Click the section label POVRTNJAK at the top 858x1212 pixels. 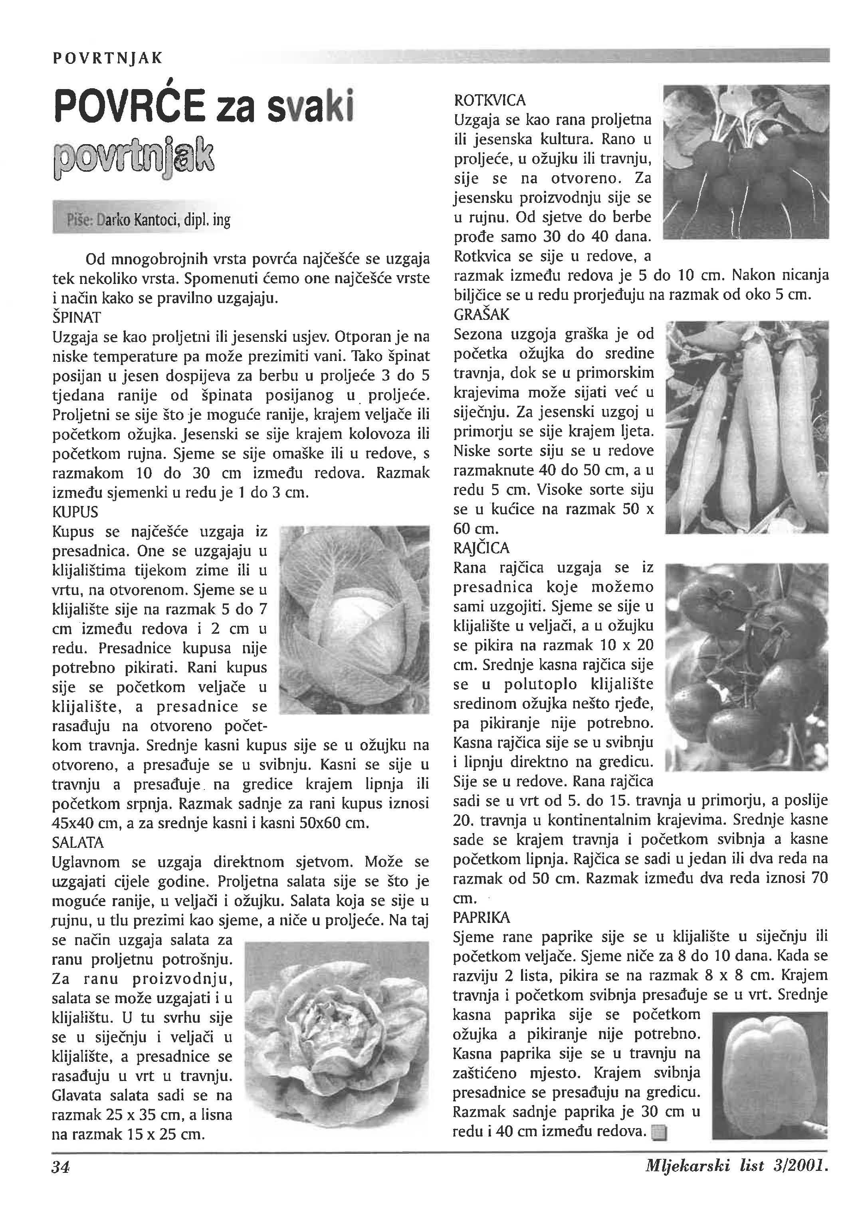(108, 58)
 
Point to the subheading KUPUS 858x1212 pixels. (75, 512)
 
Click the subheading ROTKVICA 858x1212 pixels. (490, 100)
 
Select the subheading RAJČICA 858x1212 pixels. (482, 548)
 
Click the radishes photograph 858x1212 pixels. (745, 162)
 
